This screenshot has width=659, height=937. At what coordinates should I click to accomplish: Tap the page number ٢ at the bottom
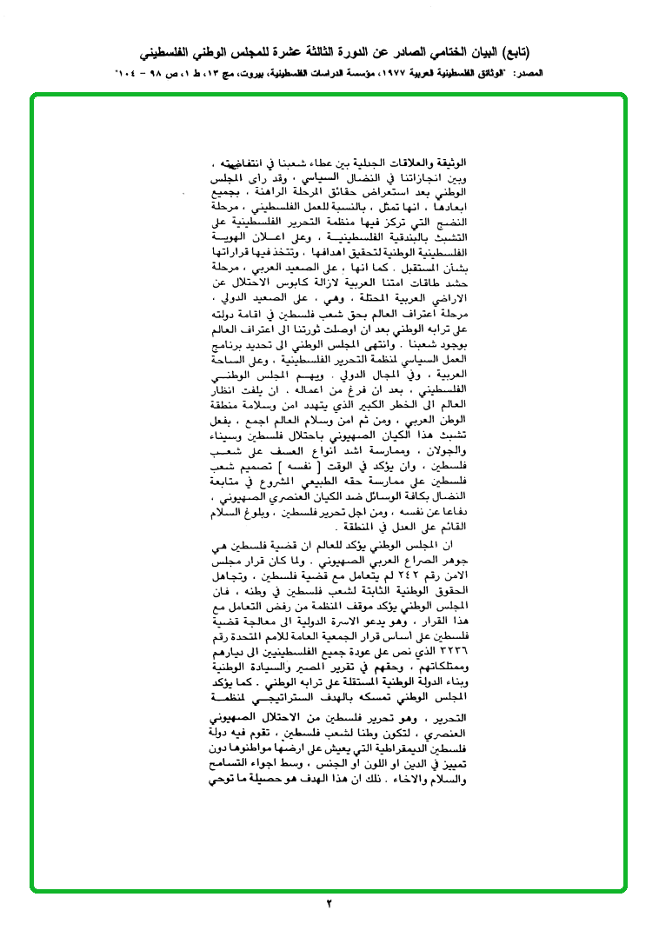pyautogui.click(x=329, y=904)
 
